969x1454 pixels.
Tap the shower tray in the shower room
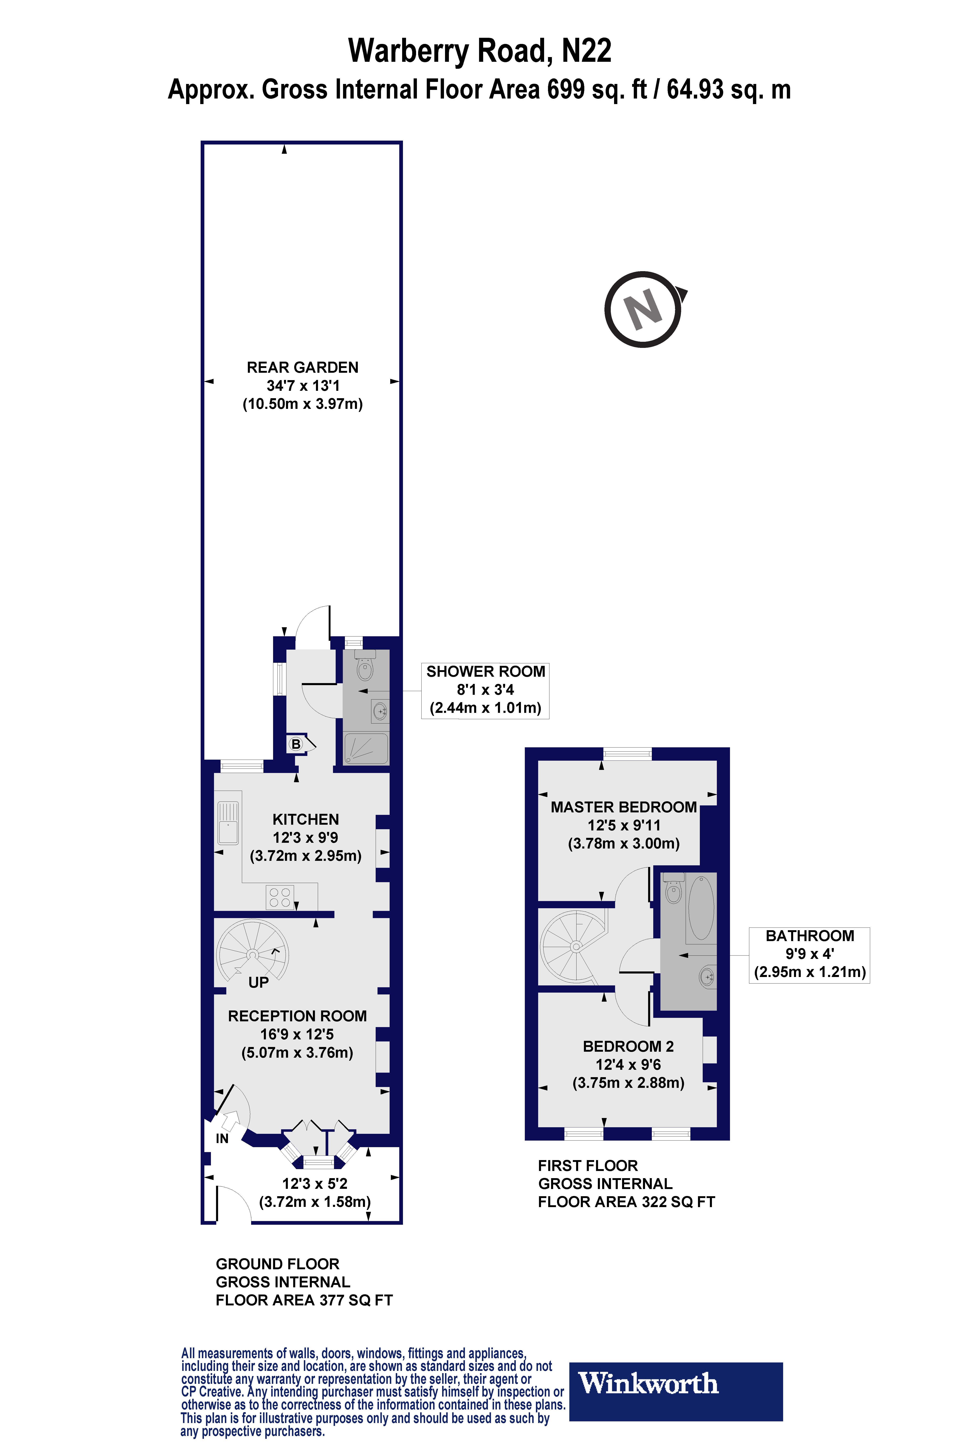pos(366,748)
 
